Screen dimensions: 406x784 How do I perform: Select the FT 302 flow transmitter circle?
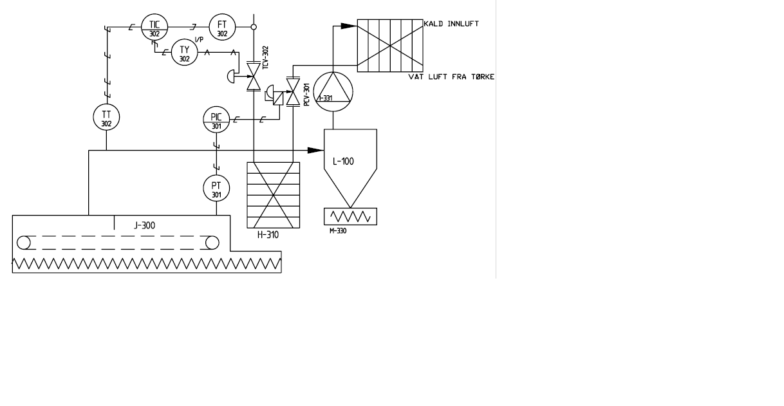click(222, 27)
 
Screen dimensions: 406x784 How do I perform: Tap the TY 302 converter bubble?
click(185, 53)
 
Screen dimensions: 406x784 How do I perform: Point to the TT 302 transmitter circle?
click(106, 117)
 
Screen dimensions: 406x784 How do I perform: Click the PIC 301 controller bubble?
click(216, 120)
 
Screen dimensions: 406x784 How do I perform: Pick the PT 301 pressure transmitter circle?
click(216, 189)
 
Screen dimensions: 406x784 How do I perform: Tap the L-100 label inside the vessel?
click(343, 161)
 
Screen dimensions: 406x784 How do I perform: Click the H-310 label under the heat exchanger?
click(268, 235)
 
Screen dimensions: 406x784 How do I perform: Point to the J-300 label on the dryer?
click(144, 226)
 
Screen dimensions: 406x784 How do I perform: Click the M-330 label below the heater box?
click(337, 231)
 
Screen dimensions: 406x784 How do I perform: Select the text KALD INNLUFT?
click(451, 24)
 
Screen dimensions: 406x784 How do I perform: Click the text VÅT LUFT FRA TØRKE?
click(451, 77)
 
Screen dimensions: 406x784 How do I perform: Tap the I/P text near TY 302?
click(199, 41)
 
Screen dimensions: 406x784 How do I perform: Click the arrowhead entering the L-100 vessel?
click(315, 151)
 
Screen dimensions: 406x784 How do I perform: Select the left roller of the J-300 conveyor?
click(24, 243)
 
